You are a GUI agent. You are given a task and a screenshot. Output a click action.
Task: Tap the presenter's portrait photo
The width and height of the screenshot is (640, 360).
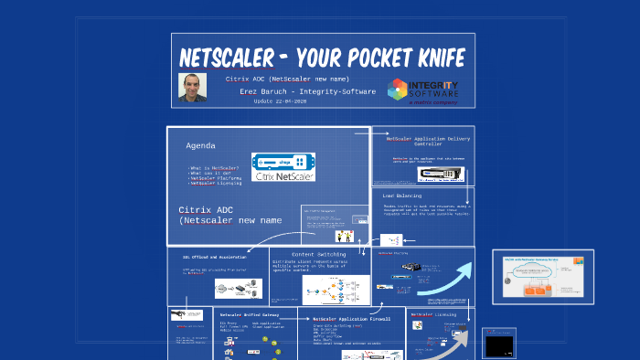[192, 87]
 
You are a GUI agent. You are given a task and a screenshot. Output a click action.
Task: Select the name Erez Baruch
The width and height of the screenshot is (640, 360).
[262, 91]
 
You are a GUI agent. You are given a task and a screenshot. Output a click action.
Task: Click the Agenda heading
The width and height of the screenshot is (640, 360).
[201, 146]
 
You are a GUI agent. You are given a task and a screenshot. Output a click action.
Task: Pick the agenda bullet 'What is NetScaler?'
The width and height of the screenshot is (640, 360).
[214, 168]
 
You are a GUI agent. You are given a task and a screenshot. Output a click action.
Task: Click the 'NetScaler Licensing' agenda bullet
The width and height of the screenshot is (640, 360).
[216, 183]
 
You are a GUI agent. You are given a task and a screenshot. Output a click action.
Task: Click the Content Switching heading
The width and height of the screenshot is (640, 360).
[315, 254]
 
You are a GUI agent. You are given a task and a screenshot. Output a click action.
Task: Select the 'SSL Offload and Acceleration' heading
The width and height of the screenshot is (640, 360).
[217, 257]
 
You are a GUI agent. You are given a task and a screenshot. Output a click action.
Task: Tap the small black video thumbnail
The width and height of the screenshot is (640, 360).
[498, 346]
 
